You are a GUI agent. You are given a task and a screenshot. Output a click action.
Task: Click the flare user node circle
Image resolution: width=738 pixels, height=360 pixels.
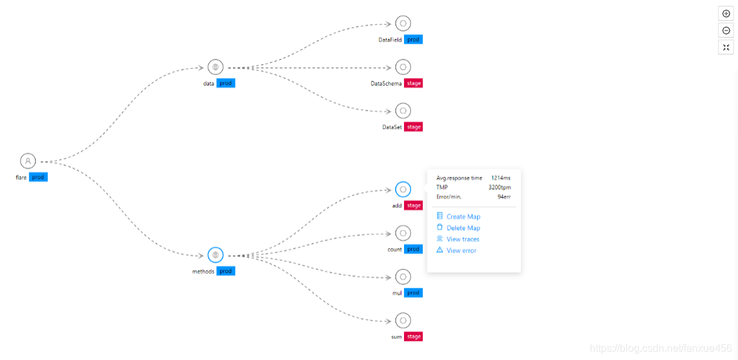coord(28,161)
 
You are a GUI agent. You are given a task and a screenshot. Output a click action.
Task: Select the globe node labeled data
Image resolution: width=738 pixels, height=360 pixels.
coord(216,67)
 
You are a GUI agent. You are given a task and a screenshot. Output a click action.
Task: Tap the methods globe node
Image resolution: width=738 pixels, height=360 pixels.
coord(216,255)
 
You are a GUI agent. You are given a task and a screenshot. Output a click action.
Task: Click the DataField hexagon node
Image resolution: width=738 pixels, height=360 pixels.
coord(403,24)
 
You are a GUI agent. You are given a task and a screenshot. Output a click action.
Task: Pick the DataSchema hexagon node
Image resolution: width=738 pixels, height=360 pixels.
coord(403,67)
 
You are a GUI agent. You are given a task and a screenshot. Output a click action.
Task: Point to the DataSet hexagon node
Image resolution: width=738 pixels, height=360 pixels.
coord(403,111)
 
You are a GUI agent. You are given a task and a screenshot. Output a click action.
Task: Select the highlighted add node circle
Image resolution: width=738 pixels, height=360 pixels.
coord(403,190)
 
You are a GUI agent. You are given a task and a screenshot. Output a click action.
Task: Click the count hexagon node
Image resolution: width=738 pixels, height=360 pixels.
coord(403,233)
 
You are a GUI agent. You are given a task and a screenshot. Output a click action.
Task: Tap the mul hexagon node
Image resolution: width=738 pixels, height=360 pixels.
coord(403,277)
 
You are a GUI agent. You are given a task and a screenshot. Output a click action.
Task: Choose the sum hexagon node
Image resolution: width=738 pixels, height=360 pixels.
coord(403,321)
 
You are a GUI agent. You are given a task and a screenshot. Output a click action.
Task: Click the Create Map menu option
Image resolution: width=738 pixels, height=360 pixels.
coord(463,217)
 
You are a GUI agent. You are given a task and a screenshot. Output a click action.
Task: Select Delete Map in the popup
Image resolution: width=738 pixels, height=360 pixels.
coord(463,228)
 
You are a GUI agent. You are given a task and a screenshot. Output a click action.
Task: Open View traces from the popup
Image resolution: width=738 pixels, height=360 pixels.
coord(462,240)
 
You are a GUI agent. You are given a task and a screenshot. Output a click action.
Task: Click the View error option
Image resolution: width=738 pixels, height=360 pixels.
coord(461,251)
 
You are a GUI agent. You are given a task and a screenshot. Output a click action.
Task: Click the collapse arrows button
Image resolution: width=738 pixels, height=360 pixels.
coord(726,47)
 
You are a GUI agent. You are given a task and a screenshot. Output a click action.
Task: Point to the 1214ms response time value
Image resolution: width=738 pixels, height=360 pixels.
coord(500,178)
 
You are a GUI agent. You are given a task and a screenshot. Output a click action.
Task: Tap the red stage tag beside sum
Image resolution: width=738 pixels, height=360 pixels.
coord(414,337)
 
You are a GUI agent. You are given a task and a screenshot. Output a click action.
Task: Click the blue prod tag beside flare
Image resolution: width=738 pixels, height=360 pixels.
coord(38,177)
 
